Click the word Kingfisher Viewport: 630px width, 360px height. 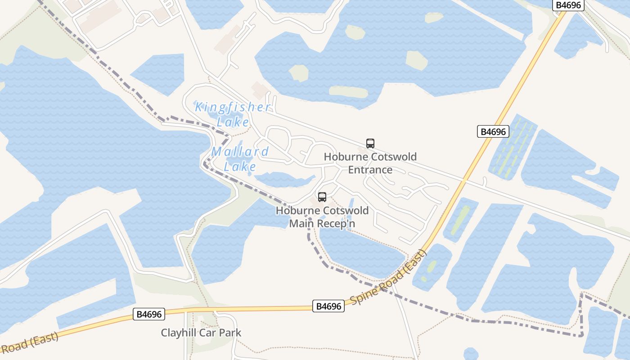tap(233, 108)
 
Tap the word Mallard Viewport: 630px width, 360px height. tap(240, 152)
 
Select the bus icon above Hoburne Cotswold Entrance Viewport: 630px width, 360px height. tap(370, 144)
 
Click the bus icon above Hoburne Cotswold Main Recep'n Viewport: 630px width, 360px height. tap(322, 197)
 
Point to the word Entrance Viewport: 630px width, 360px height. tap(370, 170)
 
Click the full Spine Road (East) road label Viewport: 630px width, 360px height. tap(388, 278)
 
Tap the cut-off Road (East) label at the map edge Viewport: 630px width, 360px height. tap(29, 343)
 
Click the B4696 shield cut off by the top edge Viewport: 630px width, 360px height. tap(568, 5)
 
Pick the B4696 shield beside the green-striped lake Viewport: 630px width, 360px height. tap(493, 132)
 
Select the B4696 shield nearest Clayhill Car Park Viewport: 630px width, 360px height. tap(149, 314)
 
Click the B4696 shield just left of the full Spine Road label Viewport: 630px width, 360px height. tap(328, 306)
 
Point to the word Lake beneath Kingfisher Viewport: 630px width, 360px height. tap(233, 122)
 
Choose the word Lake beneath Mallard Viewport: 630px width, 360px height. tap(240, 167)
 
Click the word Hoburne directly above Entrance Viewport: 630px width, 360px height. tap(345, 157)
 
